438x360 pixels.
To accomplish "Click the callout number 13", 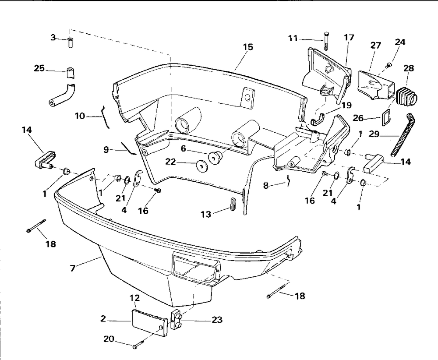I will [206, 214].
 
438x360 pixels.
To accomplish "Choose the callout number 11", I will [293, 39].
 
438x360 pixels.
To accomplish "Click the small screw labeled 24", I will [388, 66].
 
